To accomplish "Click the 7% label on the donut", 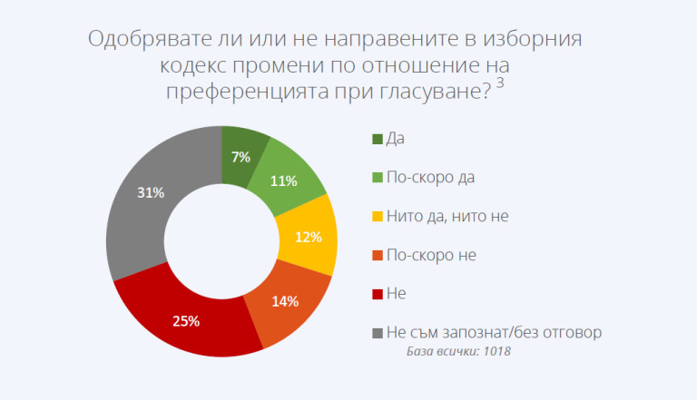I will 241,157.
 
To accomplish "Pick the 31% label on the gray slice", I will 151,192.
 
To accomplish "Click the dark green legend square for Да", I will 378,138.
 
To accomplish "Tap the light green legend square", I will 378,177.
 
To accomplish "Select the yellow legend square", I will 378,216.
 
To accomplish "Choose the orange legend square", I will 378,255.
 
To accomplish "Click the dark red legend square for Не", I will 378,294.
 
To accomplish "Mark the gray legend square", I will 378,333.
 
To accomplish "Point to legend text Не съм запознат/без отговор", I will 495,333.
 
